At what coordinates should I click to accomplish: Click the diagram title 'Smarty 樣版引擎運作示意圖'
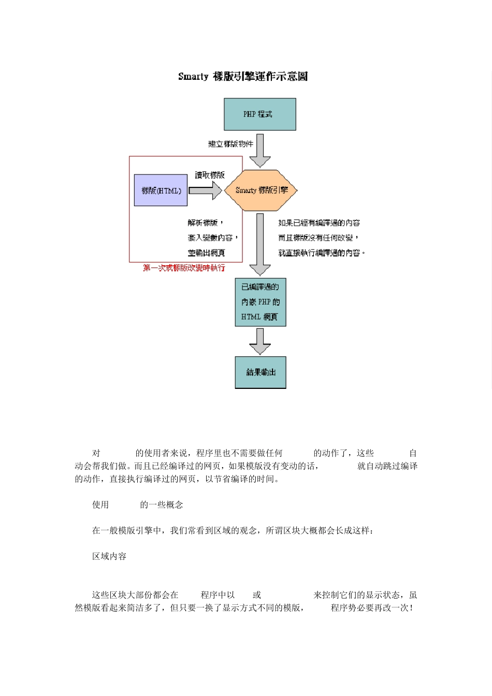pos(243,77)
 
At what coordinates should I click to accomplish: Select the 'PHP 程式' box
pos(259,114)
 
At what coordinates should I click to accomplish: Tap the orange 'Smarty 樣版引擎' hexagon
pos(261,190)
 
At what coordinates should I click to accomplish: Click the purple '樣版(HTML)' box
pos(161,191)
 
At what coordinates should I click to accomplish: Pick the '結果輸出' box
pos(260,372)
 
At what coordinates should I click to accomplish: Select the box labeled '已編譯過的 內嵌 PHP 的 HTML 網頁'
pos(260,302)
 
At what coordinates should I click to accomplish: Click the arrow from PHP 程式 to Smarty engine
pos(259,150)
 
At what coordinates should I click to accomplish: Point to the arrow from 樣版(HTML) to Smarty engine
pos(205,191)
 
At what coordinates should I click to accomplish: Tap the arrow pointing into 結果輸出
pos(259,341)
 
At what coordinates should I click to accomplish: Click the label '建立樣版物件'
pos(230,144)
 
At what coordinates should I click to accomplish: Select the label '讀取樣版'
pos(210,175)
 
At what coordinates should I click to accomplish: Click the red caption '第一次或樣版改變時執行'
pos(184,268)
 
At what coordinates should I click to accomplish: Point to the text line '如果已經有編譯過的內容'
pos(319,223)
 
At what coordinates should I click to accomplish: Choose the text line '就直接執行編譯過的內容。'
pos(322,253)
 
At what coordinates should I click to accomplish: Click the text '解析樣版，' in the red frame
pos(206,223)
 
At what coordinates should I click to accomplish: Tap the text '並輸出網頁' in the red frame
pos(206,253)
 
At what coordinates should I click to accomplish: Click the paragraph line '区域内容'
pos(109,556)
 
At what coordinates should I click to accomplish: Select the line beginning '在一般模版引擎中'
pos(233,530)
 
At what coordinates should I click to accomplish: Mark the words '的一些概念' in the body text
pos(162,505)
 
